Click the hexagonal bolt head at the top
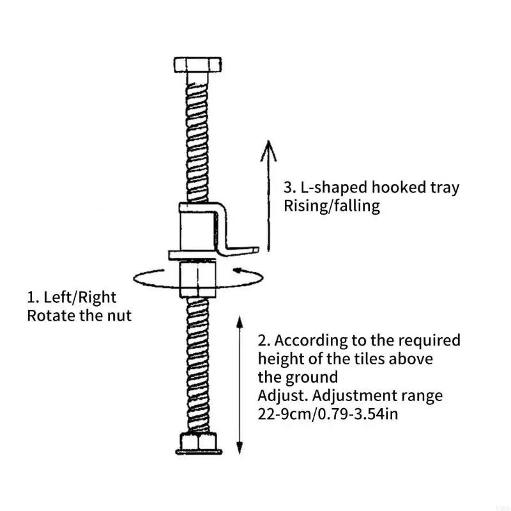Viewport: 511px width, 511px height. point(197,65)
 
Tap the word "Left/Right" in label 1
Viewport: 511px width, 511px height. point(80,298)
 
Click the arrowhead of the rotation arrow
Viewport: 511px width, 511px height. point(238,270)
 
